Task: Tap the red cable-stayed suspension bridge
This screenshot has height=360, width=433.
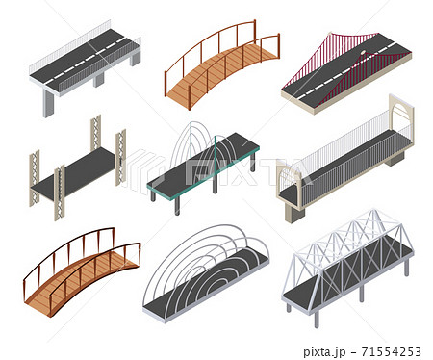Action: [345, 69]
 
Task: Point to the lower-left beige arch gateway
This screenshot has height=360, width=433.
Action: [288, 193]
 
